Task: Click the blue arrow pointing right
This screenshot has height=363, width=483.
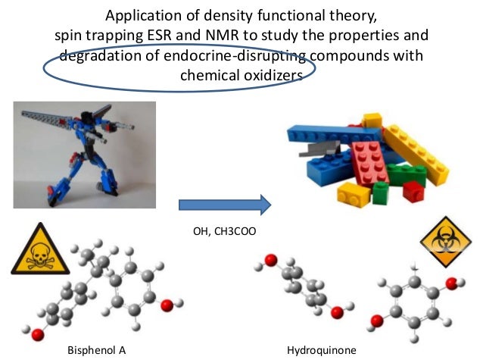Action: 224,205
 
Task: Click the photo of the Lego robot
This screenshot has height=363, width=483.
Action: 85,154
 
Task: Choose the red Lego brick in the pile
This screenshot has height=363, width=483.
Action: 370,159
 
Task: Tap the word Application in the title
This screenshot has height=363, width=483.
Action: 142,15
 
